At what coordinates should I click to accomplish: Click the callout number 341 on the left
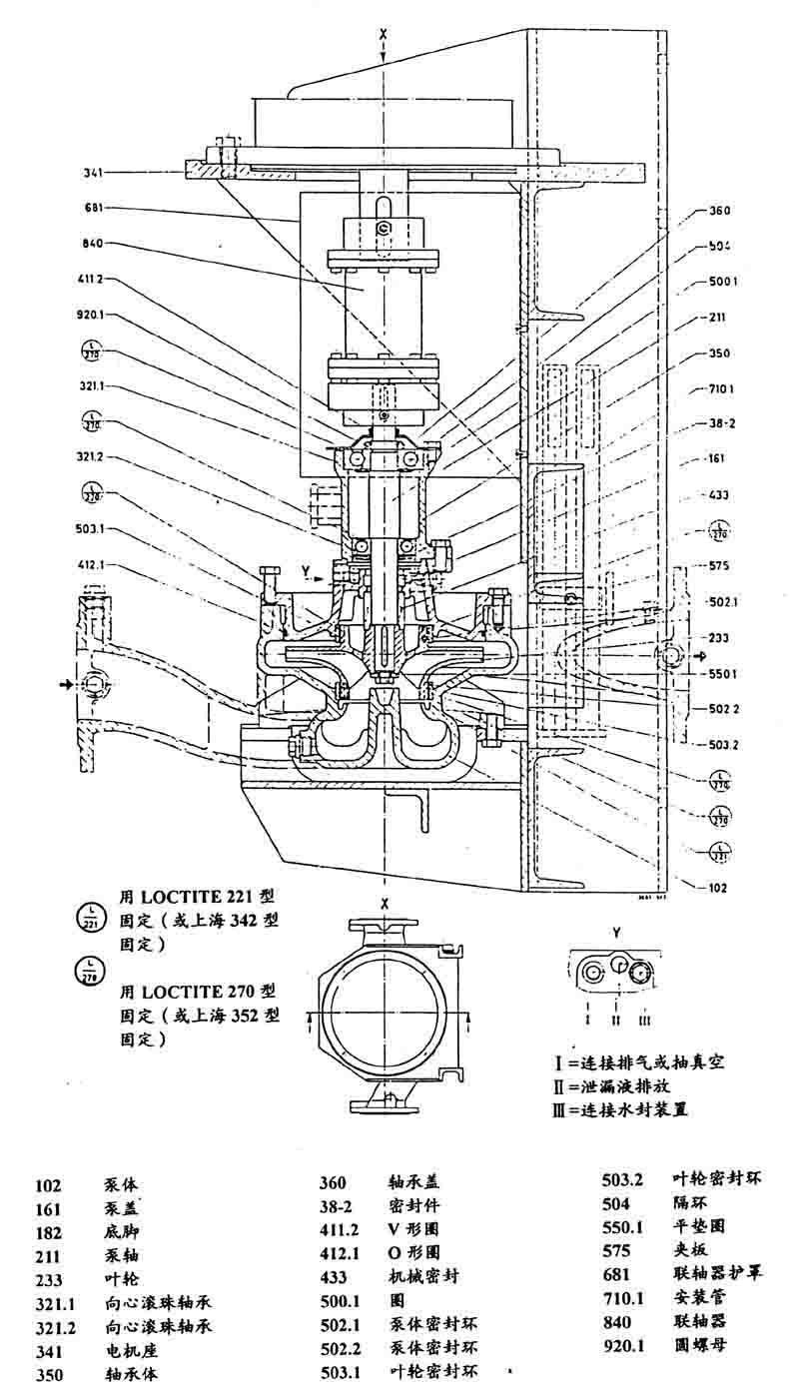[x=94, y=173]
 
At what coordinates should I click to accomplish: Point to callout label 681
[x=95, y=208]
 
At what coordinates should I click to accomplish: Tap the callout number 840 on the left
[x=95, y=243]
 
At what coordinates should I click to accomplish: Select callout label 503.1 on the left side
[x=90, y=528]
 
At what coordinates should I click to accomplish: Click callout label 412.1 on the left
[x=90, y=564]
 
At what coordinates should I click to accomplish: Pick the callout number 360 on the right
[x=720, y=211]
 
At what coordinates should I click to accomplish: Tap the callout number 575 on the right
[x=718, y=565]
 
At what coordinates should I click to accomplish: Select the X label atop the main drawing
[x=384, y=34]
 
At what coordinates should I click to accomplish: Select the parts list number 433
[x=333, y=1277]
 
